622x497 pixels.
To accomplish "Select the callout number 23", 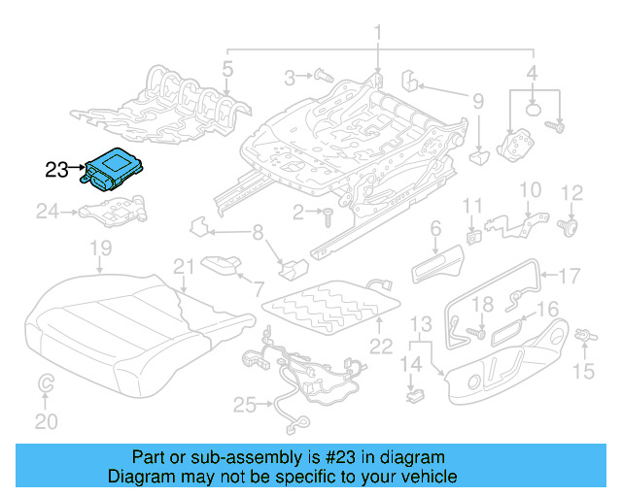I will point(57,171).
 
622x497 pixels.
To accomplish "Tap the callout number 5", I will point(226,69).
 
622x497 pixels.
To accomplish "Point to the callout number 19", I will point(96,250).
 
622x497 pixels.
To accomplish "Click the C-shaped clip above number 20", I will point(46,386).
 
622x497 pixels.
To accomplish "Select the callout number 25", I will point(242,404).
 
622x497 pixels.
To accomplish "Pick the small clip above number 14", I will point(414,394).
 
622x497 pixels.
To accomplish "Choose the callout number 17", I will point(569,274).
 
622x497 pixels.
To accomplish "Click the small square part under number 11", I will point(472,235).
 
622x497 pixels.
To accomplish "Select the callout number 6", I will point(434,229).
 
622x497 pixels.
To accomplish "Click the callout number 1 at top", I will point(377,38).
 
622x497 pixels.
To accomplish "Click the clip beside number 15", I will point(585,336).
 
